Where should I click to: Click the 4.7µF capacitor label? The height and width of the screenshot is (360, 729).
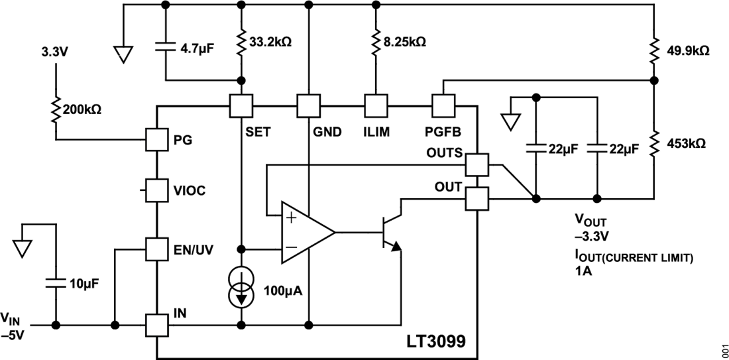pos(197,48)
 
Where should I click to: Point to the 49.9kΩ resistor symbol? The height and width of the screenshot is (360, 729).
pos(654,50)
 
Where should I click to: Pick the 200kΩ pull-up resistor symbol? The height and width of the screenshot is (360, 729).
pos(56,108)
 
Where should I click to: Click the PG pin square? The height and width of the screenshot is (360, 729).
pos(156,140)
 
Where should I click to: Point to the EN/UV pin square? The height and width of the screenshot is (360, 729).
pos(156,249)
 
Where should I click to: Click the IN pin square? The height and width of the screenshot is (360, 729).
pos(156,326)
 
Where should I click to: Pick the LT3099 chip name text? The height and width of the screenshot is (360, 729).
pos(435,343)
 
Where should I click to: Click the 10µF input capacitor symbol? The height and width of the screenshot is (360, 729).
pos(56,283)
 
